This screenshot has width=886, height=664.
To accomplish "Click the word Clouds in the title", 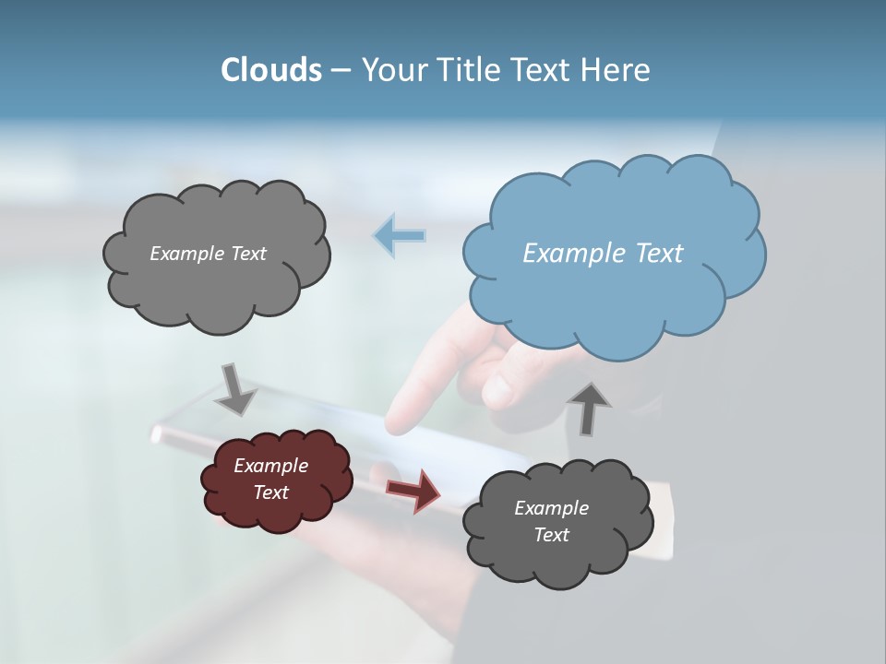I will click(x=270, y=70).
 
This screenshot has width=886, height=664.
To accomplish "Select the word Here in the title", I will click(x=617, y=70).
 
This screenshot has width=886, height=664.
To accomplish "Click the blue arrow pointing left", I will click(x=400, y=236).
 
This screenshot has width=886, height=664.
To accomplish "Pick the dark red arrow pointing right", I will click(x=413, y=490).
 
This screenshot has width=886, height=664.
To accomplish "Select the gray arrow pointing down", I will click(x=234, y=388).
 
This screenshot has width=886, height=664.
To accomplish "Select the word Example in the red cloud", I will click(x=270, y=466).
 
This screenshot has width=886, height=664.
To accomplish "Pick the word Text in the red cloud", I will click(x=270, y=492).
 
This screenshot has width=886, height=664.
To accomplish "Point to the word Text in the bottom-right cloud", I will click(x=551, y=535).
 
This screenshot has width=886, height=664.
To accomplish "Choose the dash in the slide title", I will click(x=341, y=70).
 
